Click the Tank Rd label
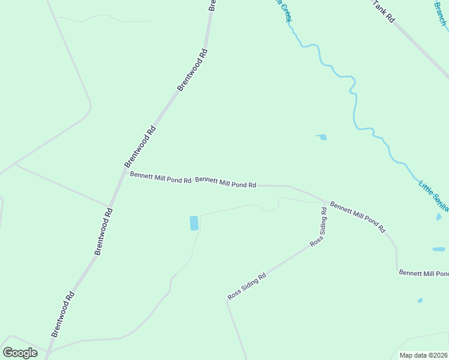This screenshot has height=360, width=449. pos(382,11)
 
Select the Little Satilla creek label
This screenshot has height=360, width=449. pos(433,193)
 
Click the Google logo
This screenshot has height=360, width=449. pos(20,353)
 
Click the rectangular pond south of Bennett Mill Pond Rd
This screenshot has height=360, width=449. pos(194,223)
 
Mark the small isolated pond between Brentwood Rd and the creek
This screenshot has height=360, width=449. pos(322,137)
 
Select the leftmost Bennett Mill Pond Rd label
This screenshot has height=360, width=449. pos(160,178)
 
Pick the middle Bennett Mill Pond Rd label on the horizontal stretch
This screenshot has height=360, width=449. pos(226,182)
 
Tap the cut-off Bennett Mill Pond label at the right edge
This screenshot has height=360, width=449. pos(424,273)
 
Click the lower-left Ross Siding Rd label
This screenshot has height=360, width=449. pos(247,287)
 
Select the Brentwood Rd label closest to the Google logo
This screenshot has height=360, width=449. pos(63,313)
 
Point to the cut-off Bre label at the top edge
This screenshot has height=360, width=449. pos(212,5)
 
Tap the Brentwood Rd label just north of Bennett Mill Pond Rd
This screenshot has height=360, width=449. pos(140,146)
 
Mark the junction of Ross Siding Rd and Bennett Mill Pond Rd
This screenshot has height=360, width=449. pos(326,202)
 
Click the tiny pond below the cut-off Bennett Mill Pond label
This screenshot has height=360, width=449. pos(420,301)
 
